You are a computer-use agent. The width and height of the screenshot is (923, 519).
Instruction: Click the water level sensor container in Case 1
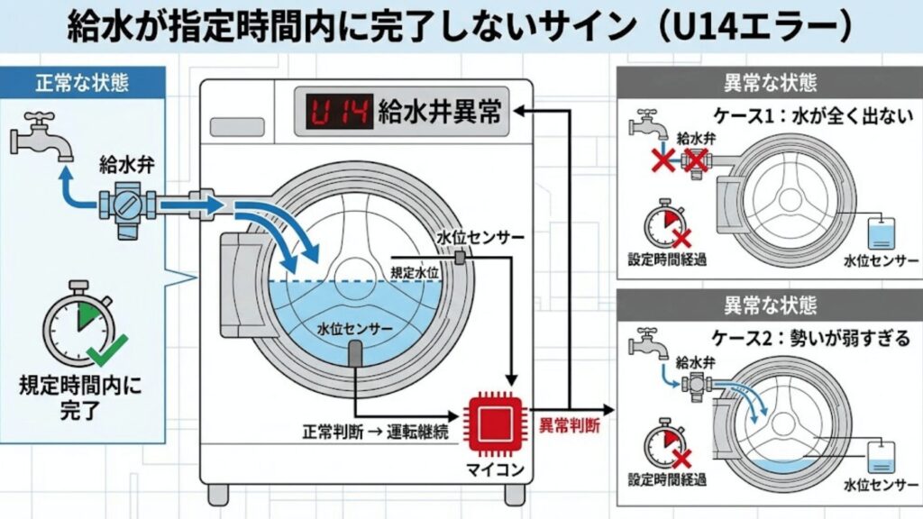click(879, 233)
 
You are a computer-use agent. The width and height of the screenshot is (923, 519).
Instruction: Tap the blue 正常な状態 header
click(82, 82)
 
